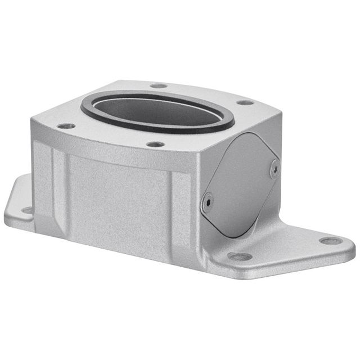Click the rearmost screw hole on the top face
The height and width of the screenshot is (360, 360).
tap(159, 86)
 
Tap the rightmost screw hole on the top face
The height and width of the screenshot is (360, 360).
tap(245, 103)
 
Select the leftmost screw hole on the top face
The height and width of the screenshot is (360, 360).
tap(66, 126)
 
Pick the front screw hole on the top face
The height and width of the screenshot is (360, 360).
tap(155, 144)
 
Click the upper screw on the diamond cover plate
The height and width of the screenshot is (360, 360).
tap(274, 168)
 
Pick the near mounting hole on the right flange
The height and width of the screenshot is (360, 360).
tap(240, 256)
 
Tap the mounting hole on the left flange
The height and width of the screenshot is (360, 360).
tap(26, 210)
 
